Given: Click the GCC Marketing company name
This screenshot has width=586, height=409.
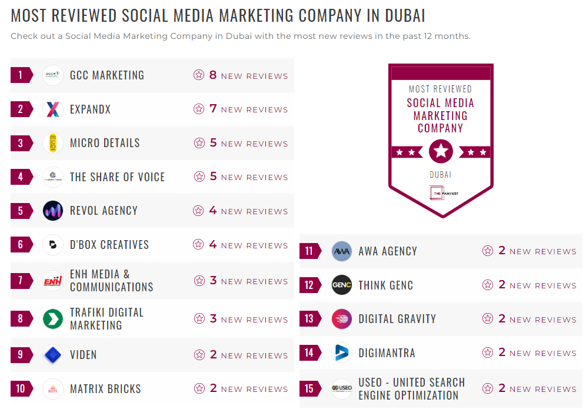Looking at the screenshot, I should point(106,75).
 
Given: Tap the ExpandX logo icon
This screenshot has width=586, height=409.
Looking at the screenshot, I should point(53,109).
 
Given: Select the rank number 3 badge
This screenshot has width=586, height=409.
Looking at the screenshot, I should point(21,143).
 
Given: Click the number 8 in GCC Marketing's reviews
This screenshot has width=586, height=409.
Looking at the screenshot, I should point(213,75).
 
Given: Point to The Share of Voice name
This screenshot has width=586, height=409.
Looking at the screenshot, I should point(117,177).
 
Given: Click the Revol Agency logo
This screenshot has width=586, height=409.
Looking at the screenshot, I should point(53,211).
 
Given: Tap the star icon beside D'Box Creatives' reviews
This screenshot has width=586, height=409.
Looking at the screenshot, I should point(199,245).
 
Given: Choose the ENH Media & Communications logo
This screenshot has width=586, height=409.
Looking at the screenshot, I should point(53,281).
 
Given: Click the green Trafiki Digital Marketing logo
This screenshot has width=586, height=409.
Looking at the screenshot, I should point(53,319).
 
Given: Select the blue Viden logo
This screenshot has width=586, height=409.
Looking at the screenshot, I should point(53,355).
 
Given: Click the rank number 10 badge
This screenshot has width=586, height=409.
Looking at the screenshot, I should point(21,388).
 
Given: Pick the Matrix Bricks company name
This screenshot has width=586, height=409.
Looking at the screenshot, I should point(105,389).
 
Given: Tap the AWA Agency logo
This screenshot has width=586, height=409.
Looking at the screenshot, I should point(342,251).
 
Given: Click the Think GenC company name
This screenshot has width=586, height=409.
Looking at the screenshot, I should point(385,285).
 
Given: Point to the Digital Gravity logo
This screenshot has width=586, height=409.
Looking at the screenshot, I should point(342,319).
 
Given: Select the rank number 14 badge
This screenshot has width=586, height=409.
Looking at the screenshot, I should point(309,353).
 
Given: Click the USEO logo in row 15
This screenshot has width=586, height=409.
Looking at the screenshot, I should point(342,388).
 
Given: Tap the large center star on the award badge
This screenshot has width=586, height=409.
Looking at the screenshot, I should point(441,152).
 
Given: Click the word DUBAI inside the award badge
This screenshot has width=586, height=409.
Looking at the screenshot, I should point(441,175).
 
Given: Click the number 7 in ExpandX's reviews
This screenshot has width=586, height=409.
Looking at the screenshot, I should point(213,109).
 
